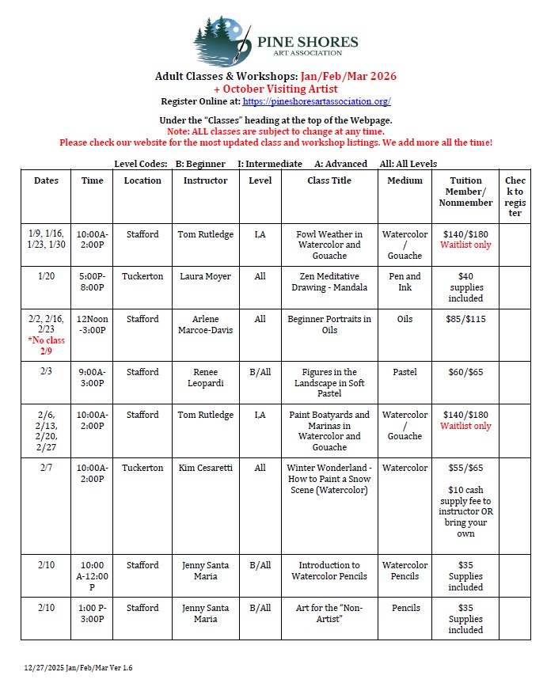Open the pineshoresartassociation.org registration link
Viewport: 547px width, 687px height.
point(317,102)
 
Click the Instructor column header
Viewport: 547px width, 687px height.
point(205,180)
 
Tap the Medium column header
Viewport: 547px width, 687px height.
point(405,180)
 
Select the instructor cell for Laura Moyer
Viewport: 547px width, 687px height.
point(205,276)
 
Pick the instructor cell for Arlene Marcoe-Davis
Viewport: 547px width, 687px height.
point(205,325)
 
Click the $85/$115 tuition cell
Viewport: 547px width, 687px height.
point(465,319)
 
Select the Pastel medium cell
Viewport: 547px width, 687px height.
point(405,372)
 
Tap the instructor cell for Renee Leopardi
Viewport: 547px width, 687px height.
point(205,378)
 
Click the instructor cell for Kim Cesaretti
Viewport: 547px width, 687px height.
point(205,468)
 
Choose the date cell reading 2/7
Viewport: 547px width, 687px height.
point(46,468)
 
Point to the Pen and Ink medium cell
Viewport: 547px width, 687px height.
point(405,282)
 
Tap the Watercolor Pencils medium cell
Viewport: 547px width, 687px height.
point(405,571)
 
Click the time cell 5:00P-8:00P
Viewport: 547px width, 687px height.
point(92,282)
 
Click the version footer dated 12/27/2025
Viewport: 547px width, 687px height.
point(78,668)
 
